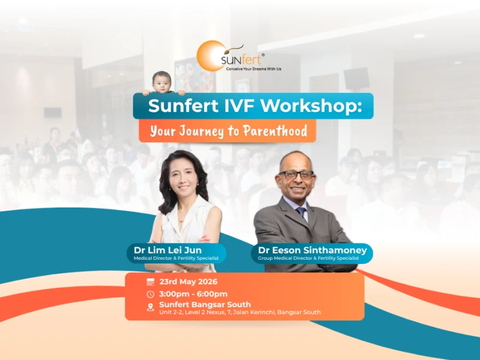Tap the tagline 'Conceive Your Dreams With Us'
253,69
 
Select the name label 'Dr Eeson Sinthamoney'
311,250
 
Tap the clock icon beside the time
150,294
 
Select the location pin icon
150,307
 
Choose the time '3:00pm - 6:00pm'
193,294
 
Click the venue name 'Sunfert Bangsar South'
205,305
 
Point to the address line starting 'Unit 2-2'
240,313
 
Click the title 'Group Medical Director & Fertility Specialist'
308,259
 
